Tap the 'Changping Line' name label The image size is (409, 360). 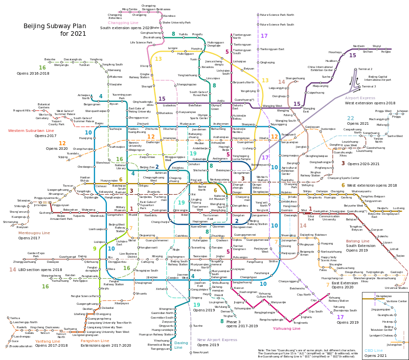(123, 22)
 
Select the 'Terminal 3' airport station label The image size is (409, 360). (369, 86)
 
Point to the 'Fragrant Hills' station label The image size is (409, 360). (22, 110)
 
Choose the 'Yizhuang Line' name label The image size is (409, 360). (287, 328)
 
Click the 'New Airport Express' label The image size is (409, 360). (217, 339)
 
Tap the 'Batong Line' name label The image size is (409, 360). (361, 240)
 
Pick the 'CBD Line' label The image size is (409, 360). (374, 350)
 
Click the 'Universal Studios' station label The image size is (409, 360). (396, 288)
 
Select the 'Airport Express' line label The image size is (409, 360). (360, 98)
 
